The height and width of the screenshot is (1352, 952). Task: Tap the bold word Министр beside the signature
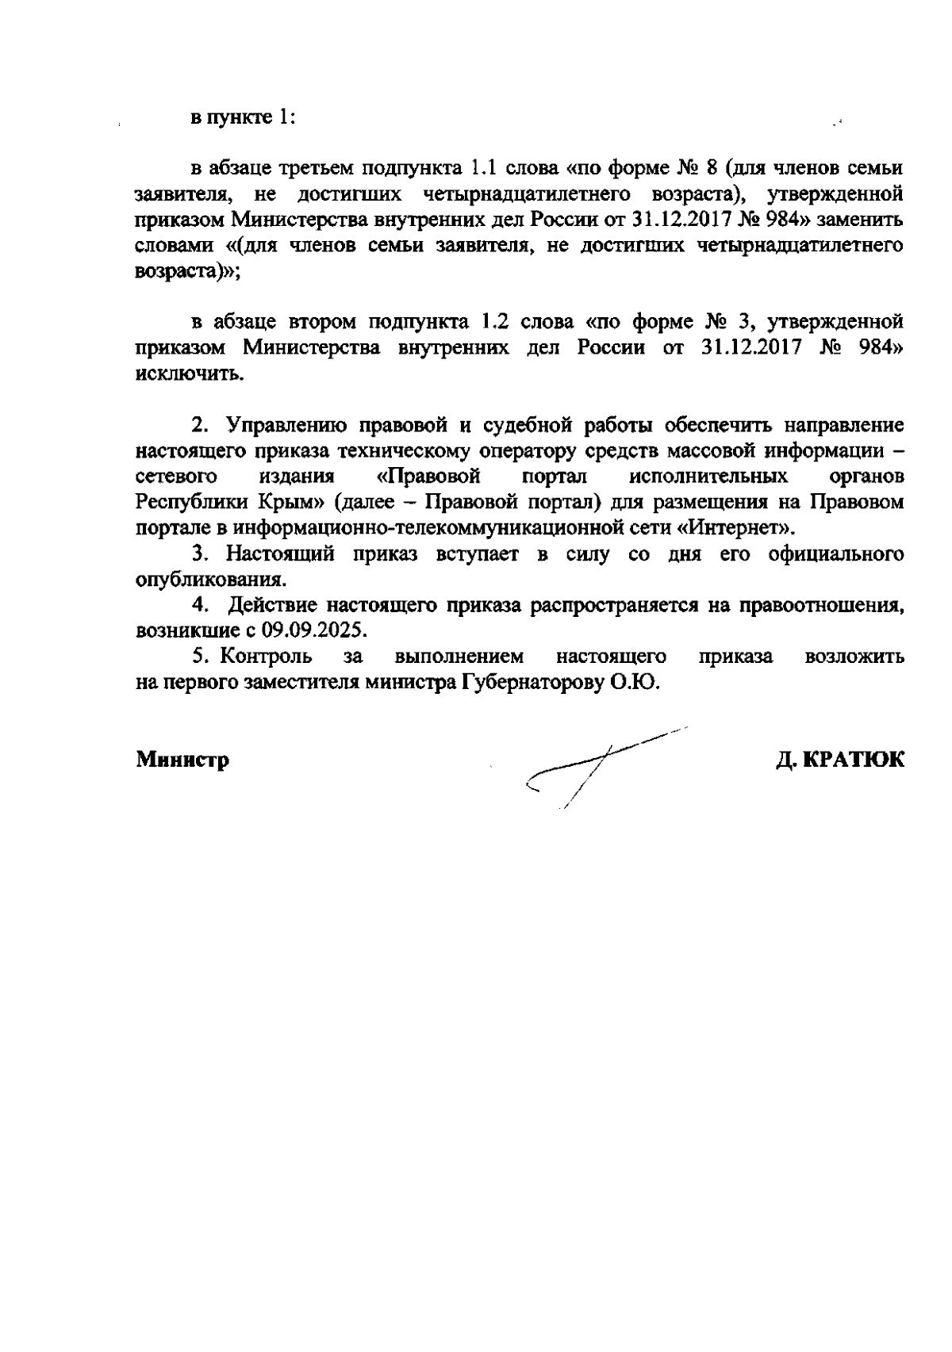click(182, 760)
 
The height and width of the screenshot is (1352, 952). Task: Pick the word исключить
click(188, 373)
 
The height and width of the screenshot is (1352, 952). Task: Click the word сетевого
click(176, 477)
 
